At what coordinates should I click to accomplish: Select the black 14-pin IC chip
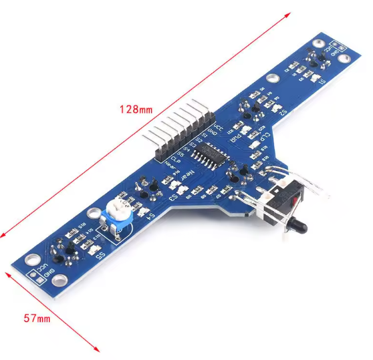209,153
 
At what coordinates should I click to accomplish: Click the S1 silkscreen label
322,82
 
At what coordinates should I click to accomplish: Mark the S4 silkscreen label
151,217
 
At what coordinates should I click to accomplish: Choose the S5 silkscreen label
100,255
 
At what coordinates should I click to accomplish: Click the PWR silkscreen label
236,140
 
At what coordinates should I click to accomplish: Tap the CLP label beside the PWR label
266,136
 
